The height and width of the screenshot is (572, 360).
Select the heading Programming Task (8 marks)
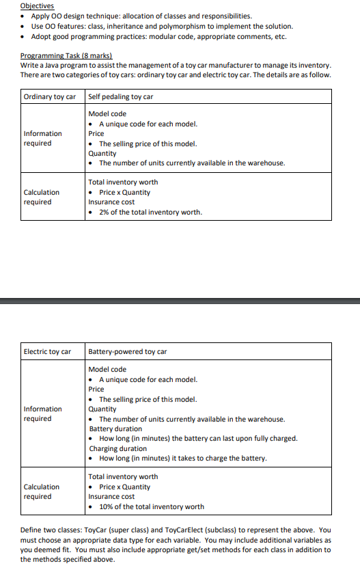click(x=66, y=55)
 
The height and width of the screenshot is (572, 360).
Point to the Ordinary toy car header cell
click(x=49, y=96)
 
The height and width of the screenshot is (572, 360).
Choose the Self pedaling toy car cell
click(x=120, y=96)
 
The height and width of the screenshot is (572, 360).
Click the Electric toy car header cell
click(x=47, y=352)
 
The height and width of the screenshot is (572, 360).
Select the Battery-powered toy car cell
click(x=128, y=352)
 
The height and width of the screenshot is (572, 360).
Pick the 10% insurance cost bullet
click(x=151, y=506)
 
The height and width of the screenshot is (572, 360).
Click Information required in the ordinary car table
click(x=42, y=138)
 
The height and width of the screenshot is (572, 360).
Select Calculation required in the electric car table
click(x=41, y=491)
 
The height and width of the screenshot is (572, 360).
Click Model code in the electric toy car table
click(x=107, y=369)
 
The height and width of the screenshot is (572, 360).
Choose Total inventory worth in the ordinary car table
click(x=123, y=182)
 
